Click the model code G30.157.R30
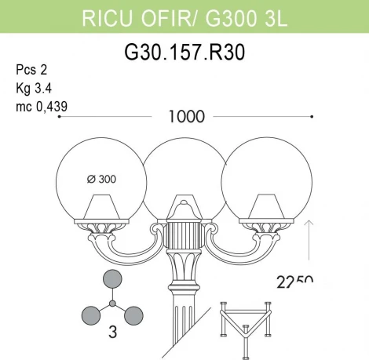pos(184,53)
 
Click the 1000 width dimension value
pos(186,117)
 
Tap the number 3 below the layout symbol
pos(112,333)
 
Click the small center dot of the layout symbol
pos(112,303)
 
